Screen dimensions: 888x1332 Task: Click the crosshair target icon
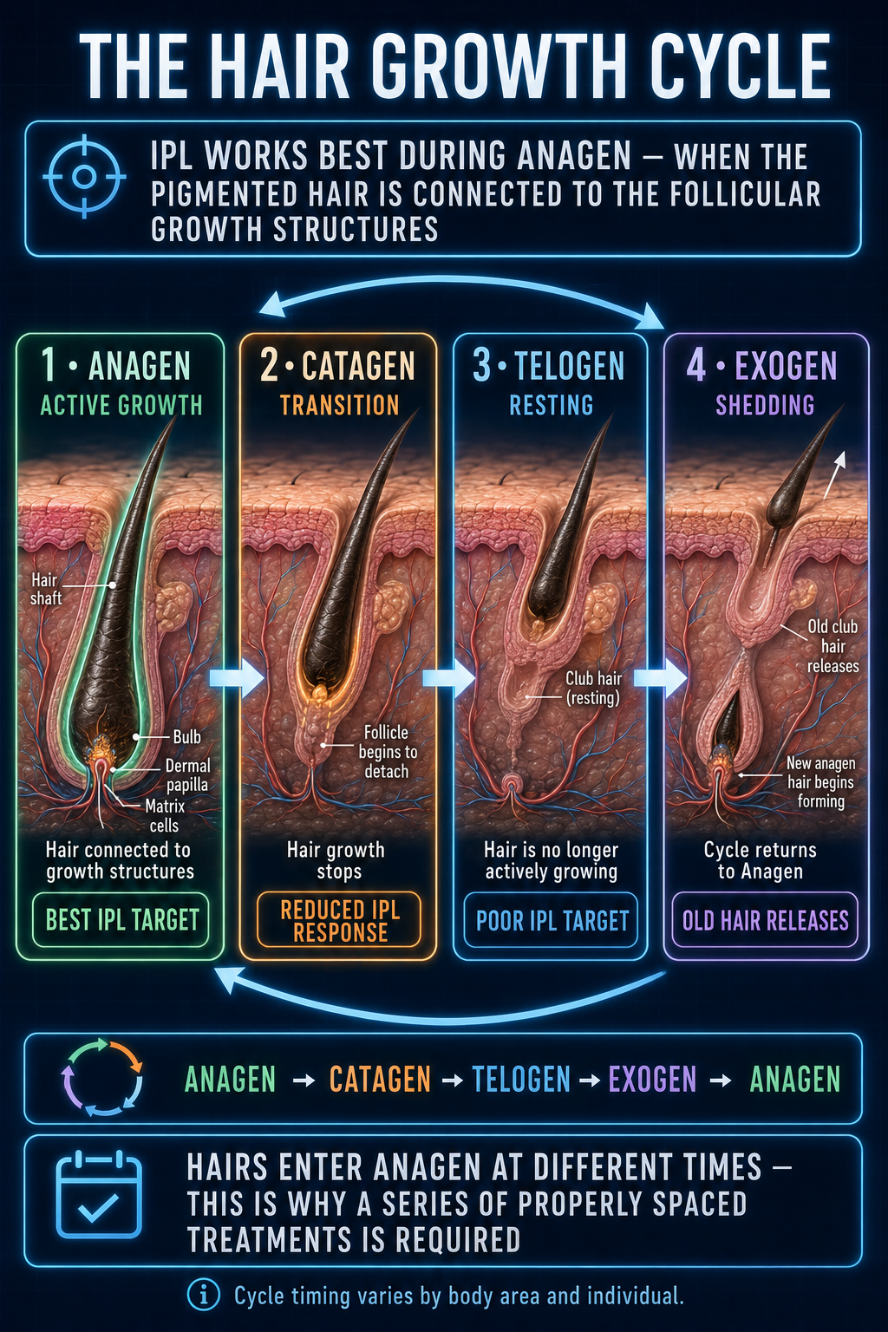(84, 177)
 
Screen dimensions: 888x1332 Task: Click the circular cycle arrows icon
(101, 1077)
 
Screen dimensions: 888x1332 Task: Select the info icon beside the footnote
(204, 1295)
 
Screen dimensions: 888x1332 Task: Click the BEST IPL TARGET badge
(121, 919)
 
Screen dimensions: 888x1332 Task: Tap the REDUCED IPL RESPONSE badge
(339, 920)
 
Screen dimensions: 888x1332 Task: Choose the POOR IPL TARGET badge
(552, 920)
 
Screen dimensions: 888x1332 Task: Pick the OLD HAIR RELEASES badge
(765, 920)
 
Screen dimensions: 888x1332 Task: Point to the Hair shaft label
(46, 589)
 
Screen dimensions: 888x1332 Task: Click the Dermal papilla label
(187, 774)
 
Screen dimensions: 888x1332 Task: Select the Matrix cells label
(165, 815)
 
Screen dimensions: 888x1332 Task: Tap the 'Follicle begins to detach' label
(387, 752)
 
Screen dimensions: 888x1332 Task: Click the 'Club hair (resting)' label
(593, 688)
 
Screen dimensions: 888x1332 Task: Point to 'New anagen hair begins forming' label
(820, 781)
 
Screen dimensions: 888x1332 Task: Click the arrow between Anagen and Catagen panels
(236, 677)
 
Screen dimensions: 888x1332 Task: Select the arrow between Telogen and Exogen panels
(660, 677)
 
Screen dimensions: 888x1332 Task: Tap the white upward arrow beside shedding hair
(834, 474)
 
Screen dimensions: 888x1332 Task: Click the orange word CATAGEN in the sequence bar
(380, 1079)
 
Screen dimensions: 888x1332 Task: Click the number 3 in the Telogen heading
(481, 365)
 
